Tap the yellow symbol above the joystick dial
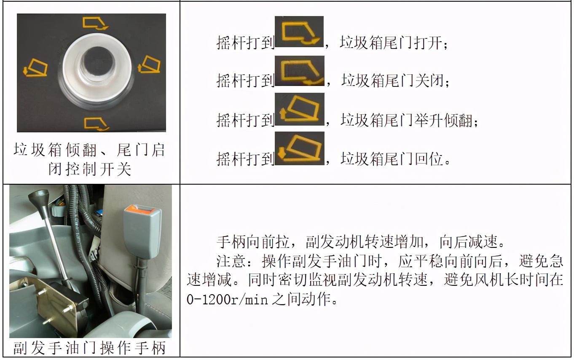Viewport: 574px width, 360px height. pos(96,23)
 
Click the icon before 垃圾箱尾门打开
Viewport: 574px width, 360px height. pos(299,32)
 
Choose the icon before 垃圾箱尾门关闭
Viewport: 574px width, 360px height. pos(299,71)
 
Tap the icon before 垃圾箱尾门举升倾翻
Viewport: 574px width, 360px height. pos(299,109)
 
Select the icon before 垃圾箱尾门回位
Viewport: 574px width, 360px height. pos(299,148)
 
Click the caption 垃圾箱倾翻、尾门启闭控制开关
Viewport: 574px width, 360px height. pos(89,159)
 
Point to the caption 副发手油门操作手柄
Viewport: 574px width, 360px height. pos(89,349)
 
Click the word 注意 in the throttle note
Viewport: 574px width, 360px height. pos(231,261)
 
